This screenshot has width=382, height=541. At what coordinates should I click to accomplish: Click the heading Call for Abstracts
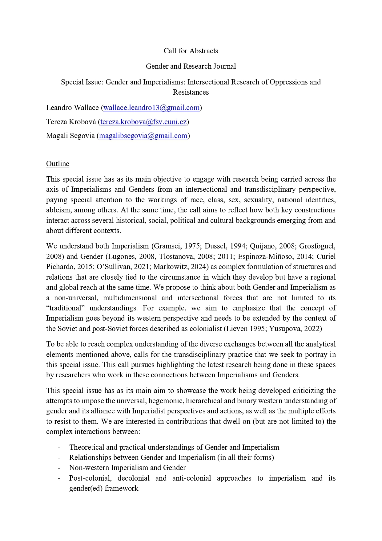[x=191, y=51]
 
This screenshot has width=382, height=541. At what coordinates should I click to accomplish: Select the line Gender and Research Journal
[x=191, y=66]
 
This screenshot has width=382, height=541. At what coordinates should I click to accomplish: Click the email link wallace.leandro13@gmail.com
[x=151, y=108]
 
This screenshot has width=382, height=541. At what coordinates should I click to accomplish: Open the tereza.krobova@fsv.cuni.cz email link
[x=143, y=122]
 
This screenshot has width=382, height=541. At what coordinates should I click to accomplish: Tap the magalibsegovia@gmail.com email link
[x=143, y=136]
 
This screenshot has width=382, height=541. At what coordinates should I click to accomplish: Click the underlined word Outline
[x=58, y=164]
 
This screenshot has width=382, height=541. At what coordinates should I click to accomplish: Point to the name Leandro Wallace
[x=72, y=108]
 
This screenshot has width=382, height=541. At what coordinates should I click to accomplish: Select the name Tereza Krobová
[x=71, y=122]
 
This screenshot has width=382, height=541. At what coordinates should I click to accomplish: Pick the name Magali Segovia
[x=70, y=136]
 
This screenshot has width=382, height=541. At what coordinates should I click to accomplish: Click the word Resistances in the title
[x=191, y=92]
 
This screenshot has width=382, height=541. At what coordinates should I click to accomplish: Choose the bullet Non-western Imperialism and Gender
[x=127, y=468]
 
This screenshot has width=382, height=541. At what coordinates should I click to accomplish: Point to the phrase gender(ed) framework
[x=104, y=488]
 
